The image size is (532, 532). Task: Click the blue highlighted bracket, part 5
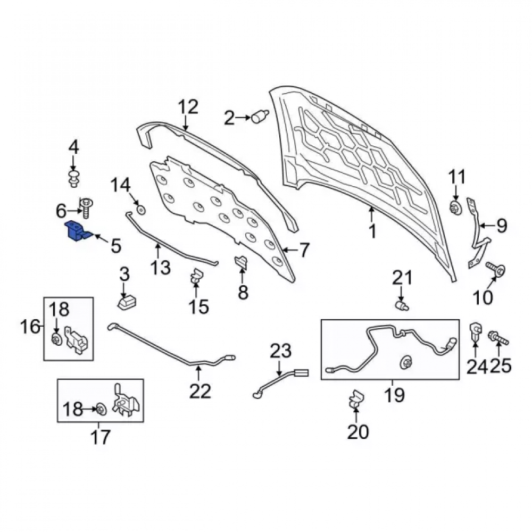coord(77,232)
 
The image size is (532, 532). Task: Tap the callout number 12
coord(188,107)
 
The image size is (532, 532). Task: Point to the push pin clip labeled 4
coord(73,178)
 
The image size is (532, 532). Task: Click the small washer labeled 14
coord(141,210)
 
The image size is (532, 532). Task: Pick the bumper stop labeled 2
coord(260,117)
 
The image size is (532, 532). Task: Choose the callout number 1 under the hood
coord(372,231)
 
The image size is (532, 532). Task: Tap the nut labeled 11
coord(455,207)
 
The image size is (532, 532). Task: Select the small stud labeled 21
coord(402,305)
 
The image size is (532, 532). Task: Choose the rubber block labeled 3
coord(127,302)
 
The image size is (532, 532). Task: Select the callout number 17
coord(101,437)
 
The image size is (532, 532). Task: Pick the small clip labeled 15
coord(196,276)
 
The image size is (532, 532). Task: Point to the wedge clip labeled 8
coord(240,263)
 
